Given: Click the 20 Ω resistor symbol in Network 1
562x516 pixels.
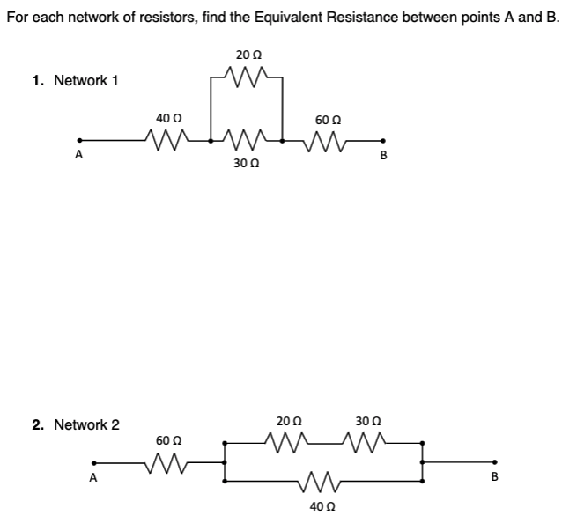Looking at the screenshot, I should pos(244,79).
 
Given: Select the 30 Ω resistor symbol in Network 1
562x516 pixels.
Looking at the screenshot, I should pos(244,137).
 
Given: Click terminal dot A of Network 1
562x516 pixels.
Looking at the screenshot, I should pos(79,139).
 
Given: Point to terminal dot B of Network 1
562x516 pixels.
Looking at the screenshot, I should pos(382,139).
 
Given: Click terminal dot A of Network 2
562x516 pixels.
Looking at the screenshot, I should pos(95,462).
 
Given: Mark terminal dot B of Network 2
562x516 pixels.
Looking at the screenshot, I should pos(494,462).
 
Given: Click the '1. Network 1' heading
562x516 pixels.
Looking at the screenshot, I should pos(75,80).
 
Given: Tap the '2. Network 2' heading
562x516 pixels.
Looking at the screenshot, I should pos(76,424).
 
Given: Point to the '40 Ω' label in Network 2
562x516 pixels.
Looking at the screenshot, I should pos(323,506).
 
